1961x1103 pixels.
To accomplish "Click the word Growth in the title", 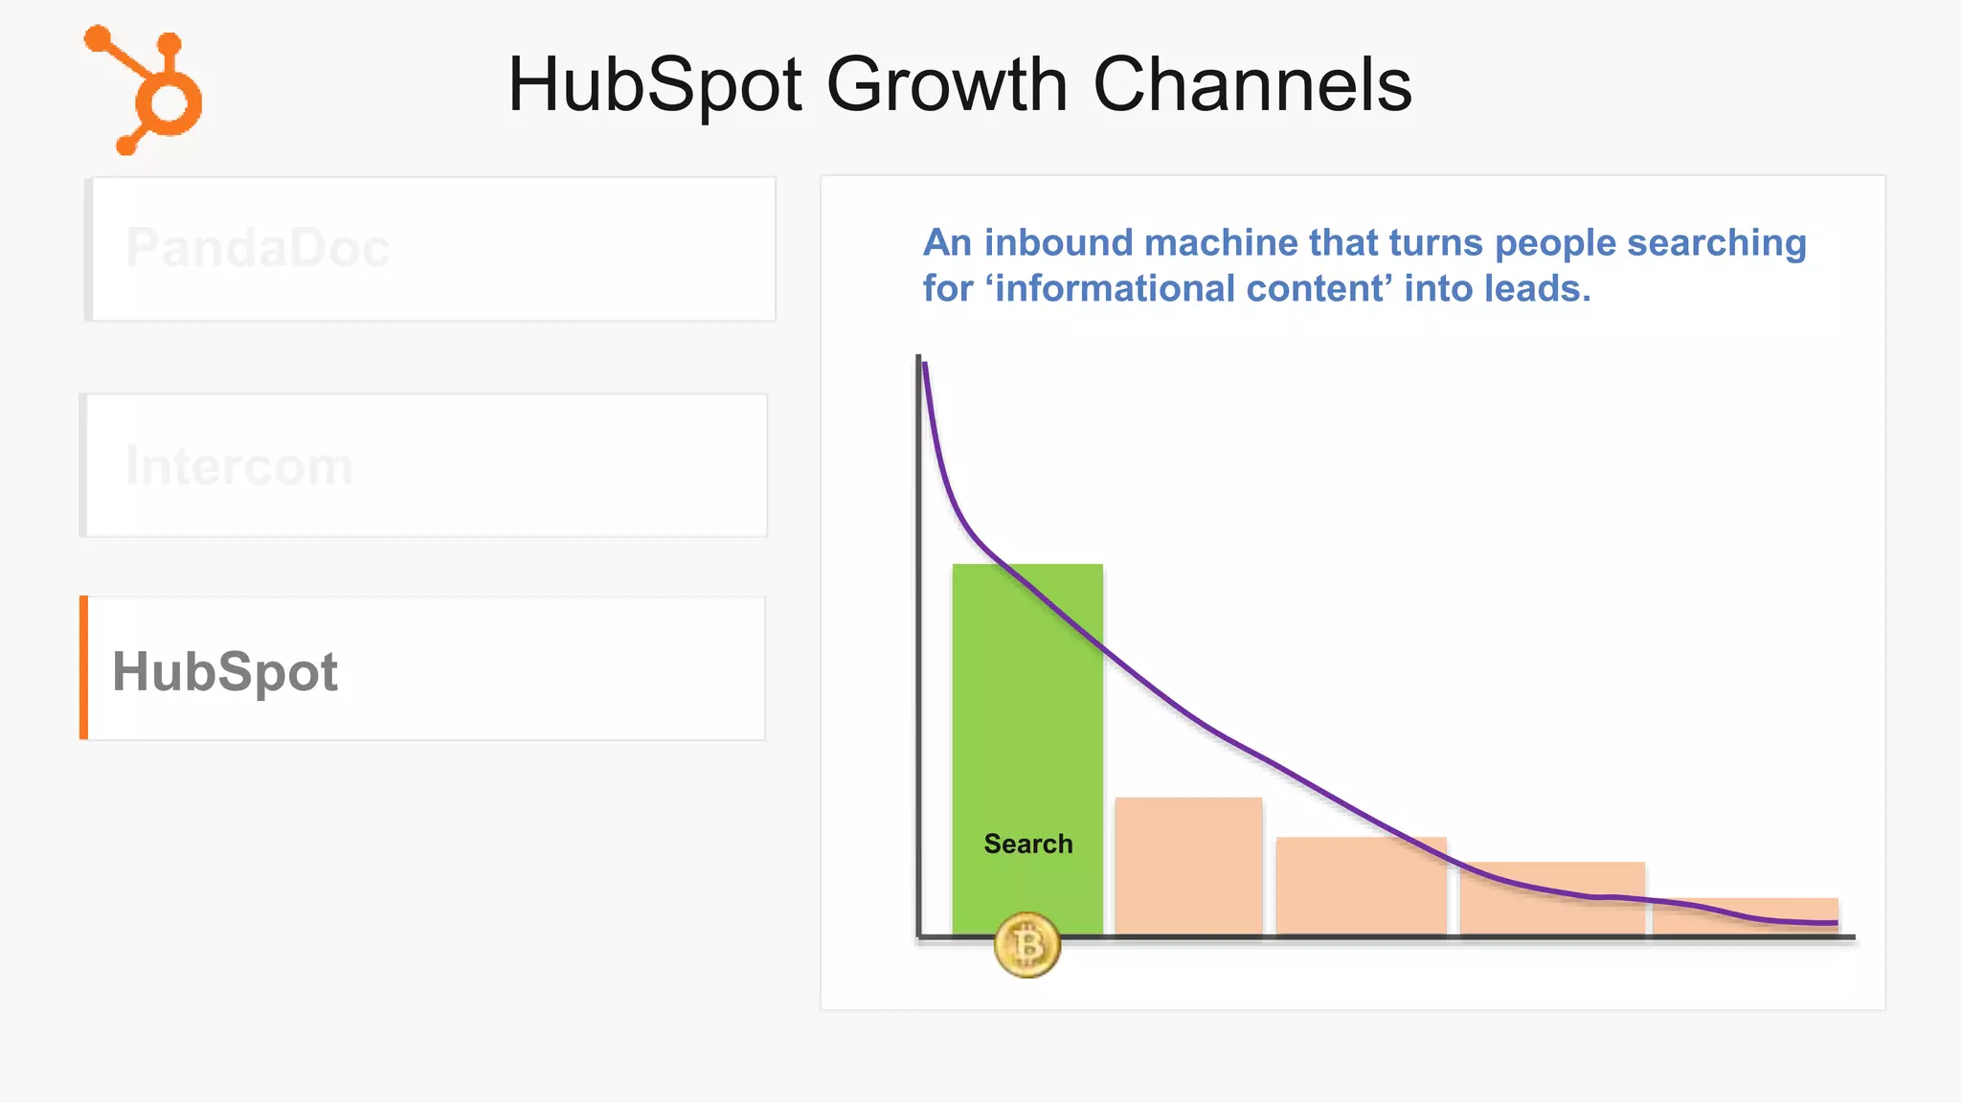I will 946,84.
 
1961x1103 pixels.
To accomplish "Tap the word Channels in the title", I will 1251,84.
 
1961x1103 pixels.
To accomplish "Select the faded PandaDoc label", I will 258,248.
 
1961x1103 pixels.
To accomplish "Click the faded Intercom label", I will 239,466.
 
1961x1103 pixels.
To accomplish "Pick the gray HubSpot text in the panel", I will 225,671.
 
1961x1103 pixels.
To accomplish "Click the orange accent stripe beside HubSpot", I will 84,667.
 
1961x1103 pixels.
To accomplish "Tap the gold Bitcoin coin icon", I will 1026,945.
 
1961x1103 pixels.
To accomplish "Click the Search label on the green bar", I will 1028,844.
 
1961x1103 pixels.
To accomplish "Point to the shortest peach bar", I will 1745,915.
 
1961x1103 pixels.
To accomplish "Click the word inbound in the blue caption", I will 1058,243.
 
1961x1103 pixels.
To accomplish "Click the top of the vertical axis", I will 918,360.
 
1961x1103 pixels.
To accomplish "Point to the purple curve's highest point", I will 924,364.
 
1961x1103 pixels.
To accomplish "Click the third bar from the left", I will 1361,886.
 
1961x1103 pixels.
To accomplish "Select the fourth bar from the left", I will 1552,897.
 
